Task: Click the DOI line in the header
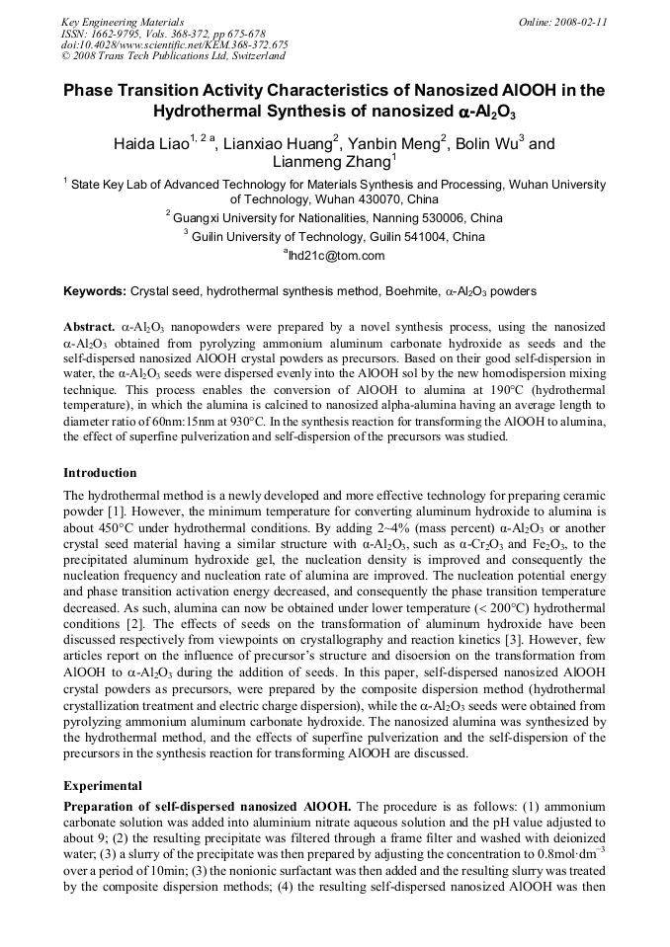[174, 44]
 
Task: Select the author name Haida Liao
[151, 143]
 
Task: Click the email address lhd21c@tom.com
[334, 256]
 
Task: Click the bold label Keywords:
[95, 291]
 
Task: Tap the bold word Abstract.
[89, 326]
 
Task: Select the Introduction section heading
[100, 473]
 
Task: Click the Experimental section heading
[103, 786]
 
